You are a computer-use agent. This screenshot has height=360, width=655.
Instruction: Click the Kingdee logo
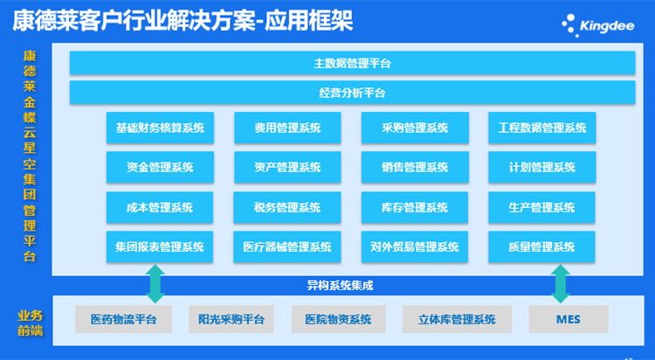[x=598, y=25]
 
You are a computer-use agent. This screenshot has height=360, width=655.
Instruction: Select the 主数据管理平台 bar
[x=352, y=63]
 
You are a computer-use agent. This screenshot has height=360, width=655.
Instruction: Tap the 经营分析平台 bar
[x=352, y=93]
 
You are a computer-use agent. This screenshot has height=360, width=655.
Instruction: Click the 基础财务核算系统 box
[x=160, y=128]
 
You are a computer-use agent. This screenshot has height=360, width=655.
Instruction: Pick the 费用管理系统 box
[x=287, y=128]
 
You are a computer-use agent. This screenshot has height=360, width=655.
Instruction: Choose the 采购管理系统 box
[x=415, y=128]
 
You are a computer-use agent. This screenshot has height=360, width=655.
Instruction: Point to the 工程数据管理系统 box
[x=542, y=128]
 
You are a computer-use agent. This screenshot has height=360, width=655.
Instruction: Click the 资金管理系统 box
[x=160, y=167]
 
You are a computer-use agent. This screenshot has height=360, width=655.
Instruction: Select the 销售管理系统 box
[x=415, y=167]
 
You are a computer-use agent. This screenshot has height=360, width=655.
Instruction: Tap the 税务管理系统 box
[x=287, y=207]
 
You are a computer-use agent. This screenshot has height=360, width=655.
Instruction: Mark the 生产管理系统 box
[x=541, y=207]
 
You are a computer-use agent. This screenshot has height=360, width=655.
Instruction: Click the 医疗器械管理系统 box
[x=287, y=246]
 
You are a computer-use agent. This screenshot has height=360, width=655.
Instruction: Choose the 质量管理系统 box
[x=541, y=246]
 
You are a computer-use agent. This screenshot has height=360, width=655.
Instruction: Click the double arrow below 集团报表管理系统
[x=155, y=283]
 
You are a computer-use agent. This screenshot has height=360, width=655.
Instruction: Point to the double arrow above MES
[x=561, y=283]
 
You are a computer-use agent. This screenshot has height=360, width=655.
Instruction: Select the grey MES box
[x=569, y=319]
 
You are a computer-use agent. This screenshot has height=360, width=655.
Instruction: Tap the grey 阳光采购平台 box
[x=231, y=319]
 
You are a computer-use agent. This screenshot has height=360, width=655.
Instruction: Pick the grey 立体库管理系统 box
[x=457, y=319]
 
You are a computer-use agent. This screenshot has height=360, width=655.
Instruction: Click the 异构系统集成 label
[x=340, y=286]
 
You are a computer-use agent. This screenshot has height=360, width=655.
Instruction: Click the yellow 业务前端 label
[x=30, y=323]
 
